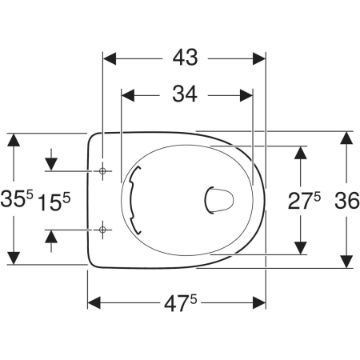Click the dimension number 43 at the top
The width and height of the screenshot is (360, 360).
pyautogui.click(x=185, y=58)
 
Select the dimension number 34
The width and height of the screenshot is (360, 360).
pyautogui.click(x=185, y=94)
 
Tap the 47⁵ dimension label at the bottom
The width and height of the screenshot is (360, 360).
pyautogui.click(x=181, y=303)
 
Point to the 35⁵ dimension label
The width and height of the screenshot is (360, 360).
pyautogui.click(x=17, y=198)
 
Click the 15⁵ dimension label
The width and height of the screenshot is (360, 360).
pyautogui.click(x=54, y=202)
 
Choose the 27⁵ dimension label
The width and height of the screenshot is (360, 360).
pyautogui.click(x=304, y=201)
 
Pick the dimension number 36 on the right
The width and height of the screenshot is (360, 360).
pyautogui.click(x=346, y=201)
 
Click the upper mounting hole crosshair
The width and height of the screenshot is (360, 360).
pyautogui.click(x=102, y=170)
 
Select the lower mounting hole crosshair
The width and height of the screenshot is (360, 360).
pyautogui.click(x=102, y=230)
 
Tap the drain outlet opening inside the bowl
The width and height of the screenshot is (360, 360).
pyautogui.click(x=219, y=200)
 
